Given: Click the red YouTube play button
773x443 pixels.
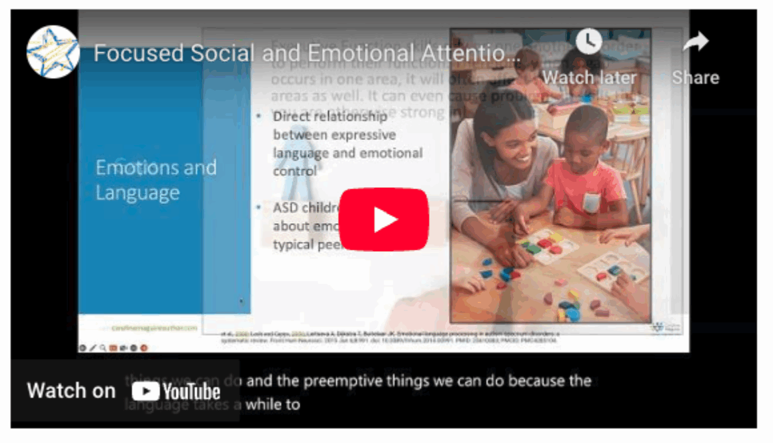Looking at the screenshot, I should click(383, 220).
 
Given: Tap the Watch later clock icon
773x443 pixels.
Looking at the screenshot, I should click(588, 43).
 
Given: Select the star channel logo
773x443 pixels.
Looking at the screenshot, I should click(53, 52).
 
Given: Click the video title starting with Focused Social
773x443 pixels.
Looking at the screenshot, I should click(307, 53).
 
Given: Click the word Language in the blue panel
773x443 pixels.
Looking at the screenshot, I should click(137, 193).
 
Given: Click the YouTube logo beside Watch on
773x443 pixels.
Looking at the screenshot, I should click(176, 391).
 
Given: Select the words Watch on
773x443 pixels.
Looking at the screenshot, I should click(71, 390).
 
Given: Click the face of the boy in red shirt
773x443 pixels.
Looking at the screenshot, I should click(584, 136).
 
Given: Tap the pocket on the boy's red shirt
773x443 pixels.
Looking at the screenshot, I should click(591, 202).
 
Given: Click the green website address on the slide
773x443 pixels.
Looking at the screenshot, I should click(154, 328).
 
